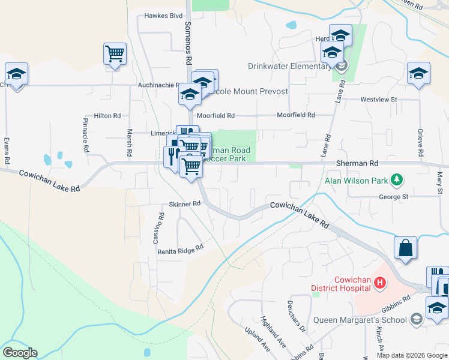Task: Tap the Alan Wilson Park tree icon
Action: pyautogui.click(x=396, y=179)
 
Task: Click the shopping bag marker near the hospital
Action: pyautogui.click(x=405, y=248)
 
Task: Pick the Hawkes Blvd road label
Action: pyautogui.click(x=163, y=16)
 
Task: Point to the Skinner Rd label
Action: pyautogui.click(x=184, y=204)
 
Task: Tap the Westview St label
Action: pyautogui.click(x=379, y=99)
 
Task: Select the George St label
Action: pyautogui.click(x=393, y=196)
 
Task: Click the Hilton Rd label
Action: pyautogui.click(x=107, y=115)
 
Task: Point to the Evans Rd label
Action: pyautogui.click(x=7, y=150)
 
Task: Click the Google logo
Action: pyautogui.click(x=20, y=353)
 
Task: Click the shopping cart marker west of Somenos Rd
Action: pyautogui.click(x=115, y=54)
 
